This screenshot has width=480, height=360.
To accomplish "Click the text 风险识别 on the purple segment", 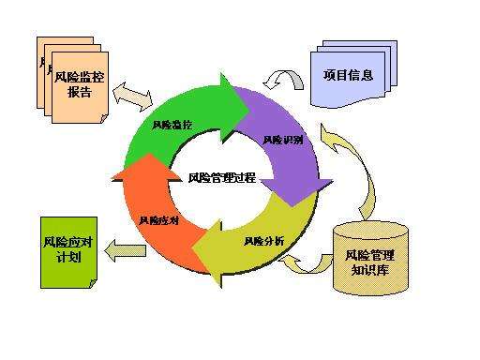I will [x=282, y=140].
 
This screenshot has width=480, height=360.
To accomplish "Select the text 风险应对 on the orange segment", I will [x=156, y=221].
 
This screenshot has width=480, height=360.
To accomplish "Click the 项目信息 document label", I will [x=348, y=75].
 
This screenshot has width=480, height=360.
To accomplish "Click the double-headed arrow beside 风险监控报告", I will [x=130, y=95].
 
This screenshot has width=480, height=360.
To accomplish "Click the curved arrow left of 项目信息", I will [x=285, y=79].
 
